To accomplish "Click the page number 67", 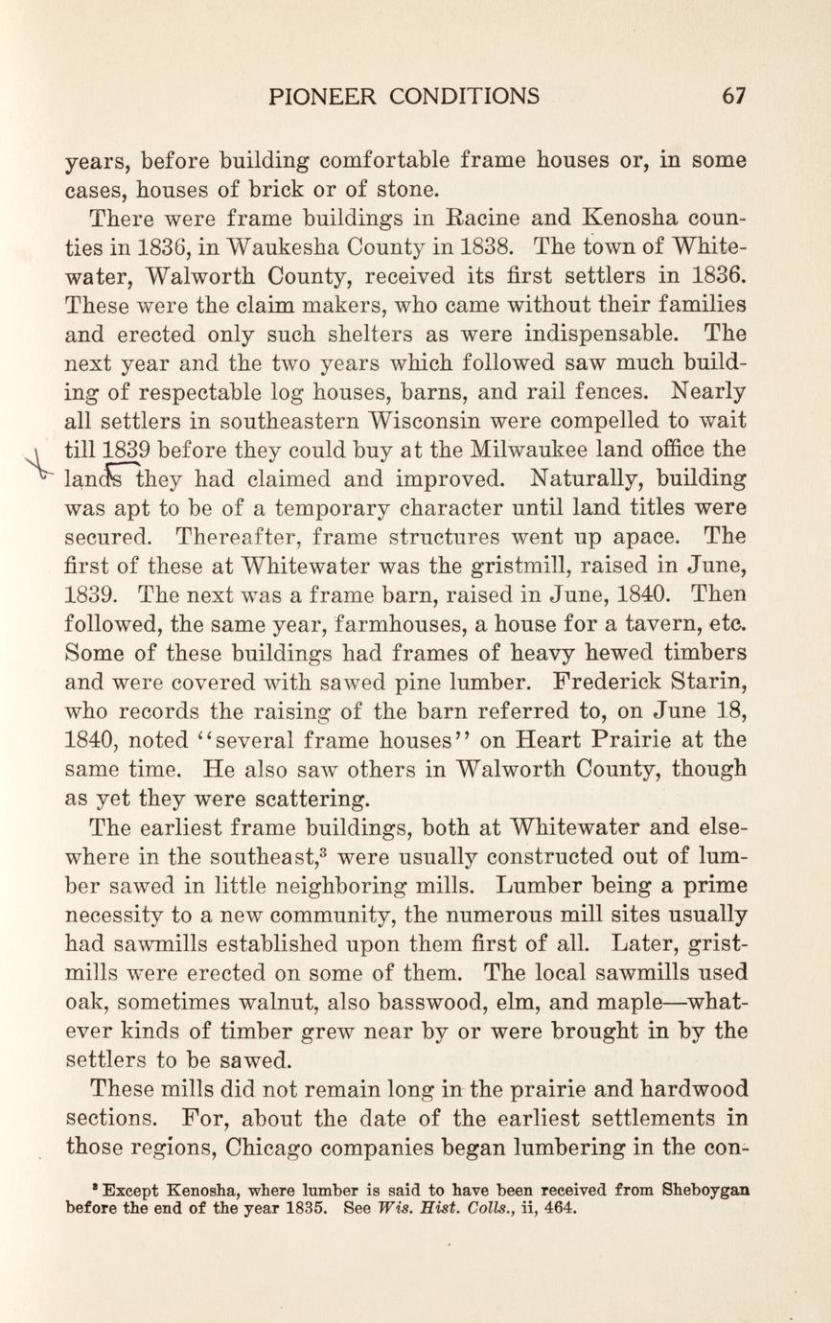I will click(733, 96).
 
